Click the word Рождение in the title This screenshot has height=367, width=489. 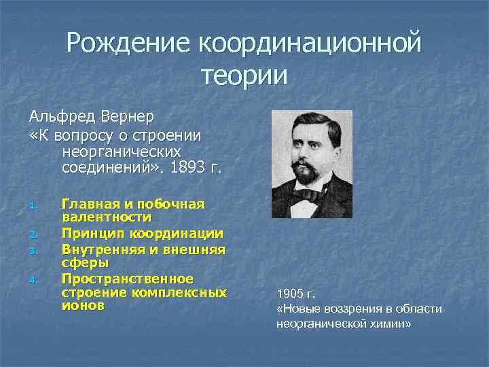[129, 43]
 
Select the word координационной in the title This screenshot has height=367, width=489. [310, 43]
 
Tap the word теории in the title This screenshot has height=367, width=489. [244, 75]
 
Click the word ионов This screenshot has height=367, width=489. [83, 306]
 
